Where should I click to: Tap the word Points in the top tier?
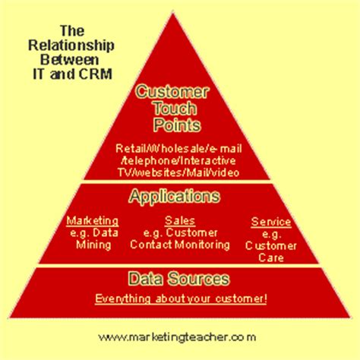click(175, 125)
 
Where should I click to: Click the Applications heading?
click(175, 197)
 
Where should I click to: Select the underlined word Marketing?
click(92, 220)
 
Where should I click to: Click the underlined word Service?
click(270, 223)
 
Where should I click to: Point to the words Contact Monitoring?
click(179, 245)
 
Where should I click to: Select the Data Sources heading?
click(180, 280)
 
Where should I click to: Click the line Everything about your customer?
click(180, 298)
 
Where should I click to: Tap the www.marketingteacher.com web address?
click(176, 336)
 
